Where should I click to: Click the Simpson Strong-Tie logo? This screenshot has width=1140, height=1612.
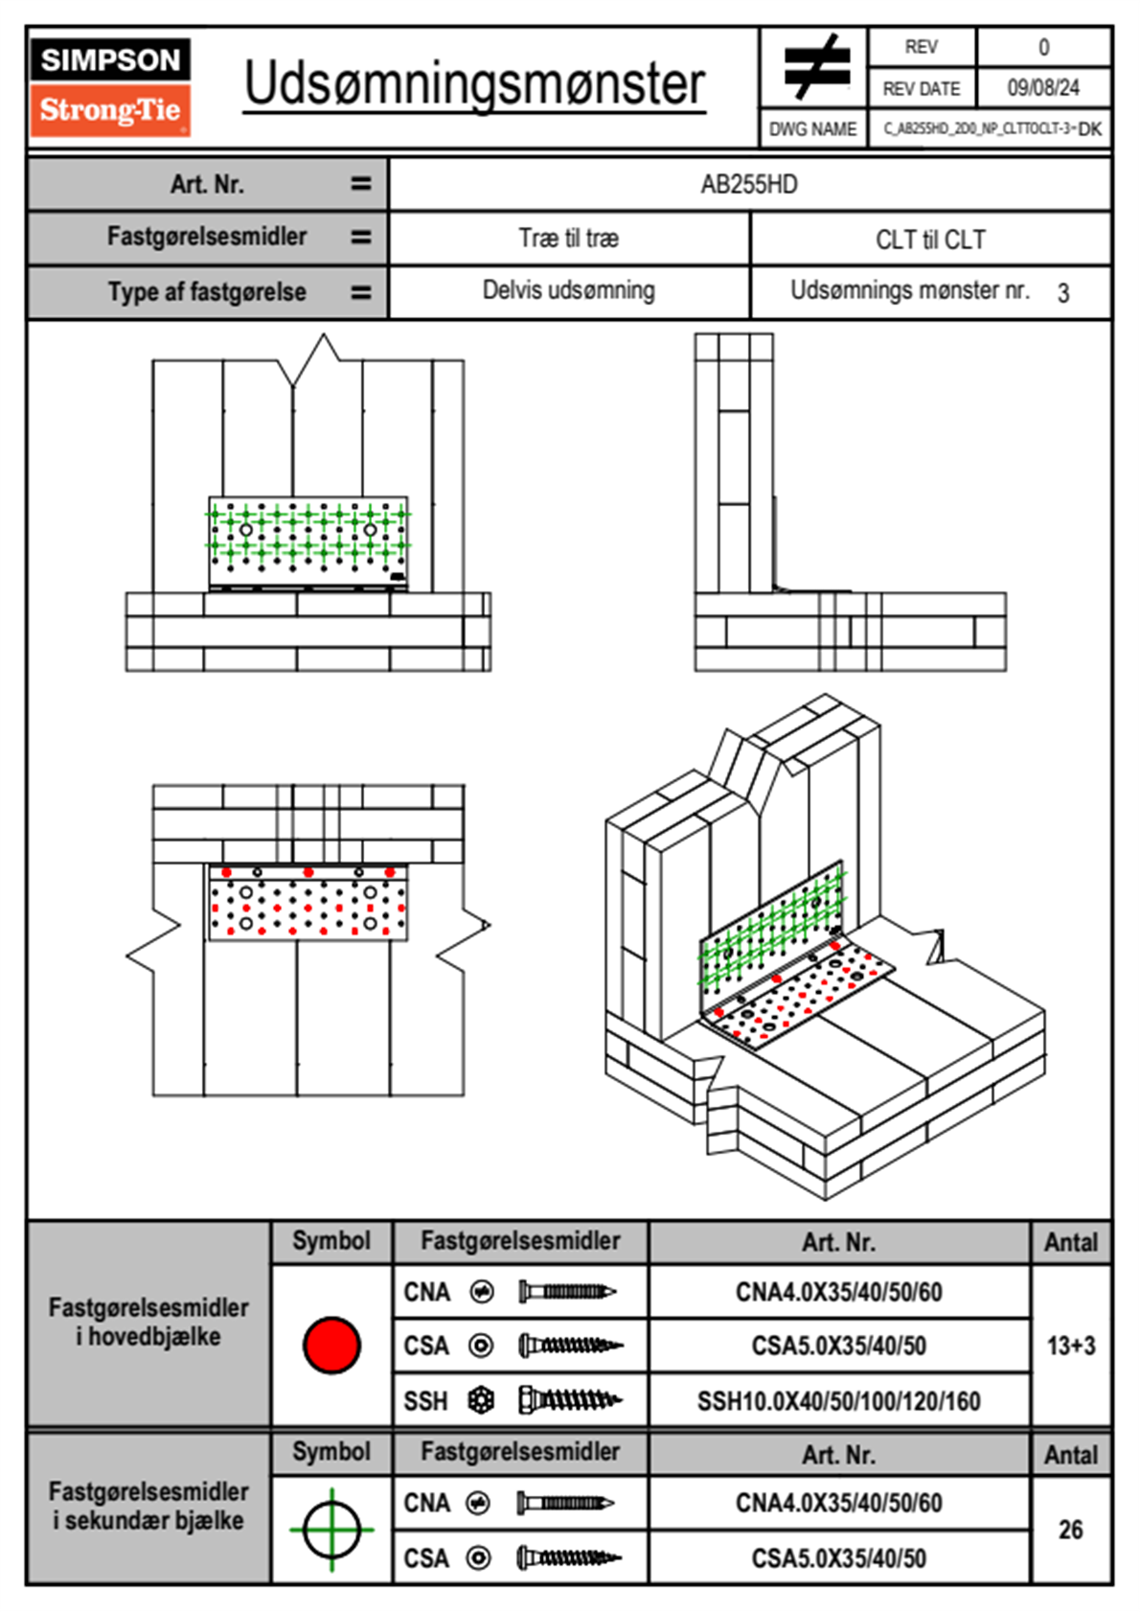pos(110,87)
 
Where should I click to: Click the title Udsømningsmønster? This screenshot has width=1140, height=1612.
pos(474,84)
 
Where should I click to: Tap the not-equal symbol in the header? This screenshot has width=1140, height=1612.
pos(815,67)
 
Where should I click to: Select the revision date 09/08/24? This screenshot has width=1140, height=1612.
pos(1042,88)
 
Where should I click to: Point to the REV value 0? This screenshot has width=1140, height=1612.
pos(1043,47)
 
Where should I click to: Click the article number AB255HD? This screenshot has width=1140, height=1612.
pos(749,184)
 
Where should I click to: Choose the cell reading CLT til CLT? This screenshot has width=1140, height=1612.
pos(930,240)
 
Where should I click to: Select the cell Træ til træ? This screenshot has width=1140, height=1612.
pos(568,239)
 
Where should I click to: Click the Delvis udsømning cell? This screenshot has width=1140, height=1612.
pos(568,290)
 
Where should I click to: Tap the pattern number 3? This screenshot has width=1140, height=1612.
pos(1063,293)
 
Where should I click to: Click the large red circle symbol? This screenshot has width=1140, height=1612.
pos(331,1345)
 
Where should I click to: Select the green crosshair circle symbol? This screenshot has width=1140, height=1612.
pos(331,1530)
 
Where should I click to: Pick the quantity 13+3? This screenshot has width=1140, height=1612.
pos(1071,1346)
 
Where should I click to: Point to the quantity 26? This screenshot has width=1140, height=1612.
pos(1071,1530)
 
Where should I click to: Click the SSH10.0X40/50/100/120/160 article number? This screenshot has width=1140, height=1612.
pos(838,1401)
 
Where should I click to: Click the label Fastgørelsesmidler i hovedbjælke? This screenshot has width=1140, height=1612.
pos(148,1322)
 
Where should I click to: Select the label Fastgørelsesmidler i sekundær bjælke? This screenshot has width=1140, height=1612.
pos(148,1506)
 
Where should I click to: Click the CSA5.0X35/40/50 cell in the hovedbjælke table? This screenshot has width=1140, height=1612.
pos(838,1346)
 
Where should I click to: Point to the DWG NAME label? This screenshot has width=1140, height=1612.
pos(813,129)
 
